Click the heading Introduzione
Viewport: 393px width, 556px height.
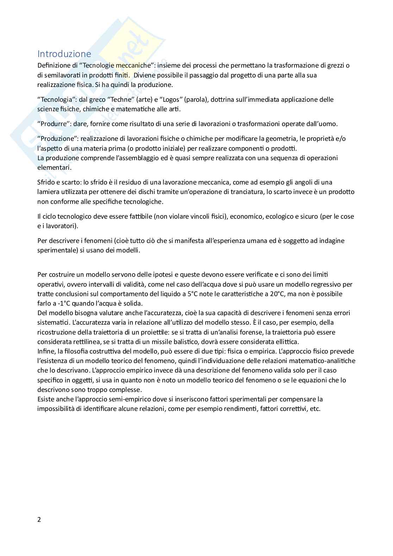[x=64, y=54]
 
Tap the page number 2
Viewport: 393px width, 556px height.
[x=39, y=519]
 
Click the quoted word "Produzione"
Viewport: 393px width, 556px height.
[x=57, y=139]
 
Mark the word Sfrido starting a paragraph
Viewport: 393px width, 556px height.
[x=46, y=182]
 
